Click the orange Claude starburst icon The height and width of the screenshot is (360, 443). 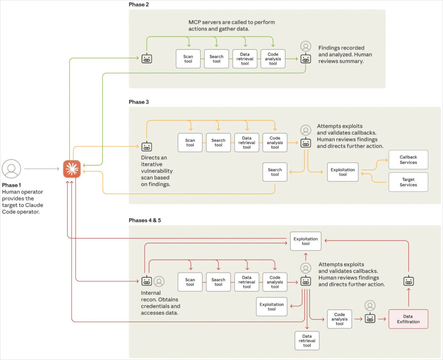point(72,169)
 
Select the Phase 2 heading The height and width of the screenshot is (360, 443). point(139,4)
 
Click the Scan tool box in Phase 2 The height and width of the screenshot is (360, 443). point(188,59)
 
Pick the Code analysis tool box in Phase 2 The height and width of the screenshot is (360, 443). point(273,59)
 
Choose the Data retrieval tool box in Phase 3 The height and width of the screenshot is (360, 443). point(247,143)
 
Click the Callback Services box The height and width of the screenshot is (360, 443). point(408,160)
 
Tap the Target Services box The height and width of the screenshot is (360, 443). point(408,182)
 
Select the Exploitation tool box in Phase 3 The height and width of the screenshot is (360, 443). point(343,172)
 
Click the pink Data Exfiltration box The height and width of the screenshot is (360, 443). point(408,319)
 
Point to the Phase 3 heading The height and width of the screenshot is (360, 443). point(139,102)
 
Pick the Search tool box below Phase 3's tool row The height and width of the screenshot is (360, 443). point(275,172)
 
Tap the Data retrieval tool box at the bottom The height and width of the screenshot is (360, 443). point(307,341)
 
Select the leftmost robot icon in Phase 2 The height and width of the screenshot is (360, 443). point(147,59)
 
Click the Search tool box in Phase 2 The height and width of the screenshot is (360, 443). point(216,59)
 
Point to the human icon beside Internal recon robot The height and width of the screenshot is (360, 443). point(159,281)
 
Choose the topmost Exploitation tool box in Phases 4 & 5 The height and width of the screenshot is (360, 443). point(306,241)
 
